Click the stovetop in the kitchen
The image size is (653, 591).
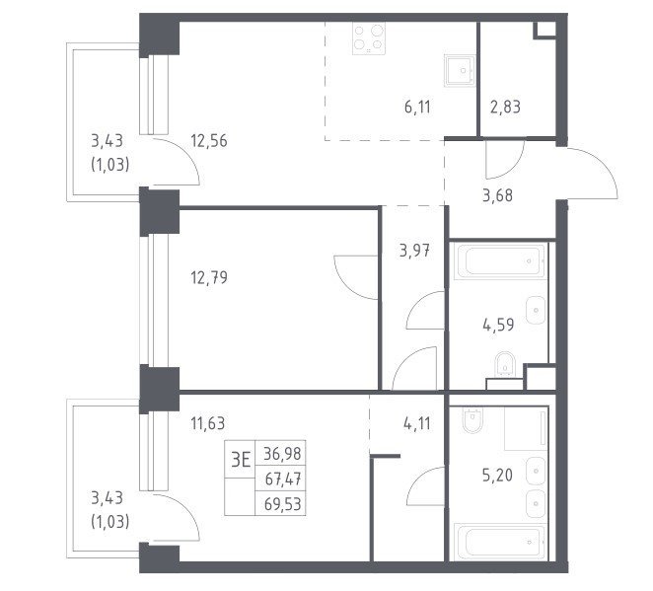coord(369,38)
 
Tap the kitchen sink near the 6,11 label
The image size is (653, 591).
coord(459,70)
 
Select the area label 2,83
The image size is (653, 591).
coord(505,108)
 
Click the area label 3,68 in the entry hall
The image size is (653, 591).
coord(497,195)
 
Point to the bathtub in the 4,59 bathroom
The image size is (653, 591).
coord(501,261)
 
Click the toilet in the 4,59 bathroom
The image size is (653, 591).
coord(505,365)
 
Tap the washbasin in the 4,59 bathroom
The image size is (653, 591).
coord(536,310)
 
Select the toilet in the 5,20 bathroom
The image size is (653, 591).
coord(472,420)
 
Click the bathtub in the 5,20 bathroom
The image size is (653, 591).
coord(499,542)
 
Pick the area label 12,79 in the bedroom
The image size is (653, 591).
coord(209,277)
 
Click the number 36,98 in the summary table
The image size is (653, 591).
coord(282,454)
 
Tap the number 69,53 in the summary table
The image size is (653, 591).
coord(282,504)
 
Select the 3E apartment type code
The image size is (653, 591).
coord(240,460)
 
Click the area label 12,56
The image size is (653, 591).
coord(209,141)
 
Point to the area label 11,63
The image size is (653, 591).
coord(208,424)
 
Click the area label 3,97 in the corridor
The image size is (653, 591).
coord(414,252)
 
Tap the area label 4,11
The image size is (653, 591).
coord(417,424)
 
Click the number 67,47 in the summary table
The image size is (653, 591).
coord(283,479)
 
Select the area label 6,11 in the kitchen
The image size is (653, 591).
coord(417,108)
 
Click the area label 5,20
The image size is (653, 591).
coord(497,475)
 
